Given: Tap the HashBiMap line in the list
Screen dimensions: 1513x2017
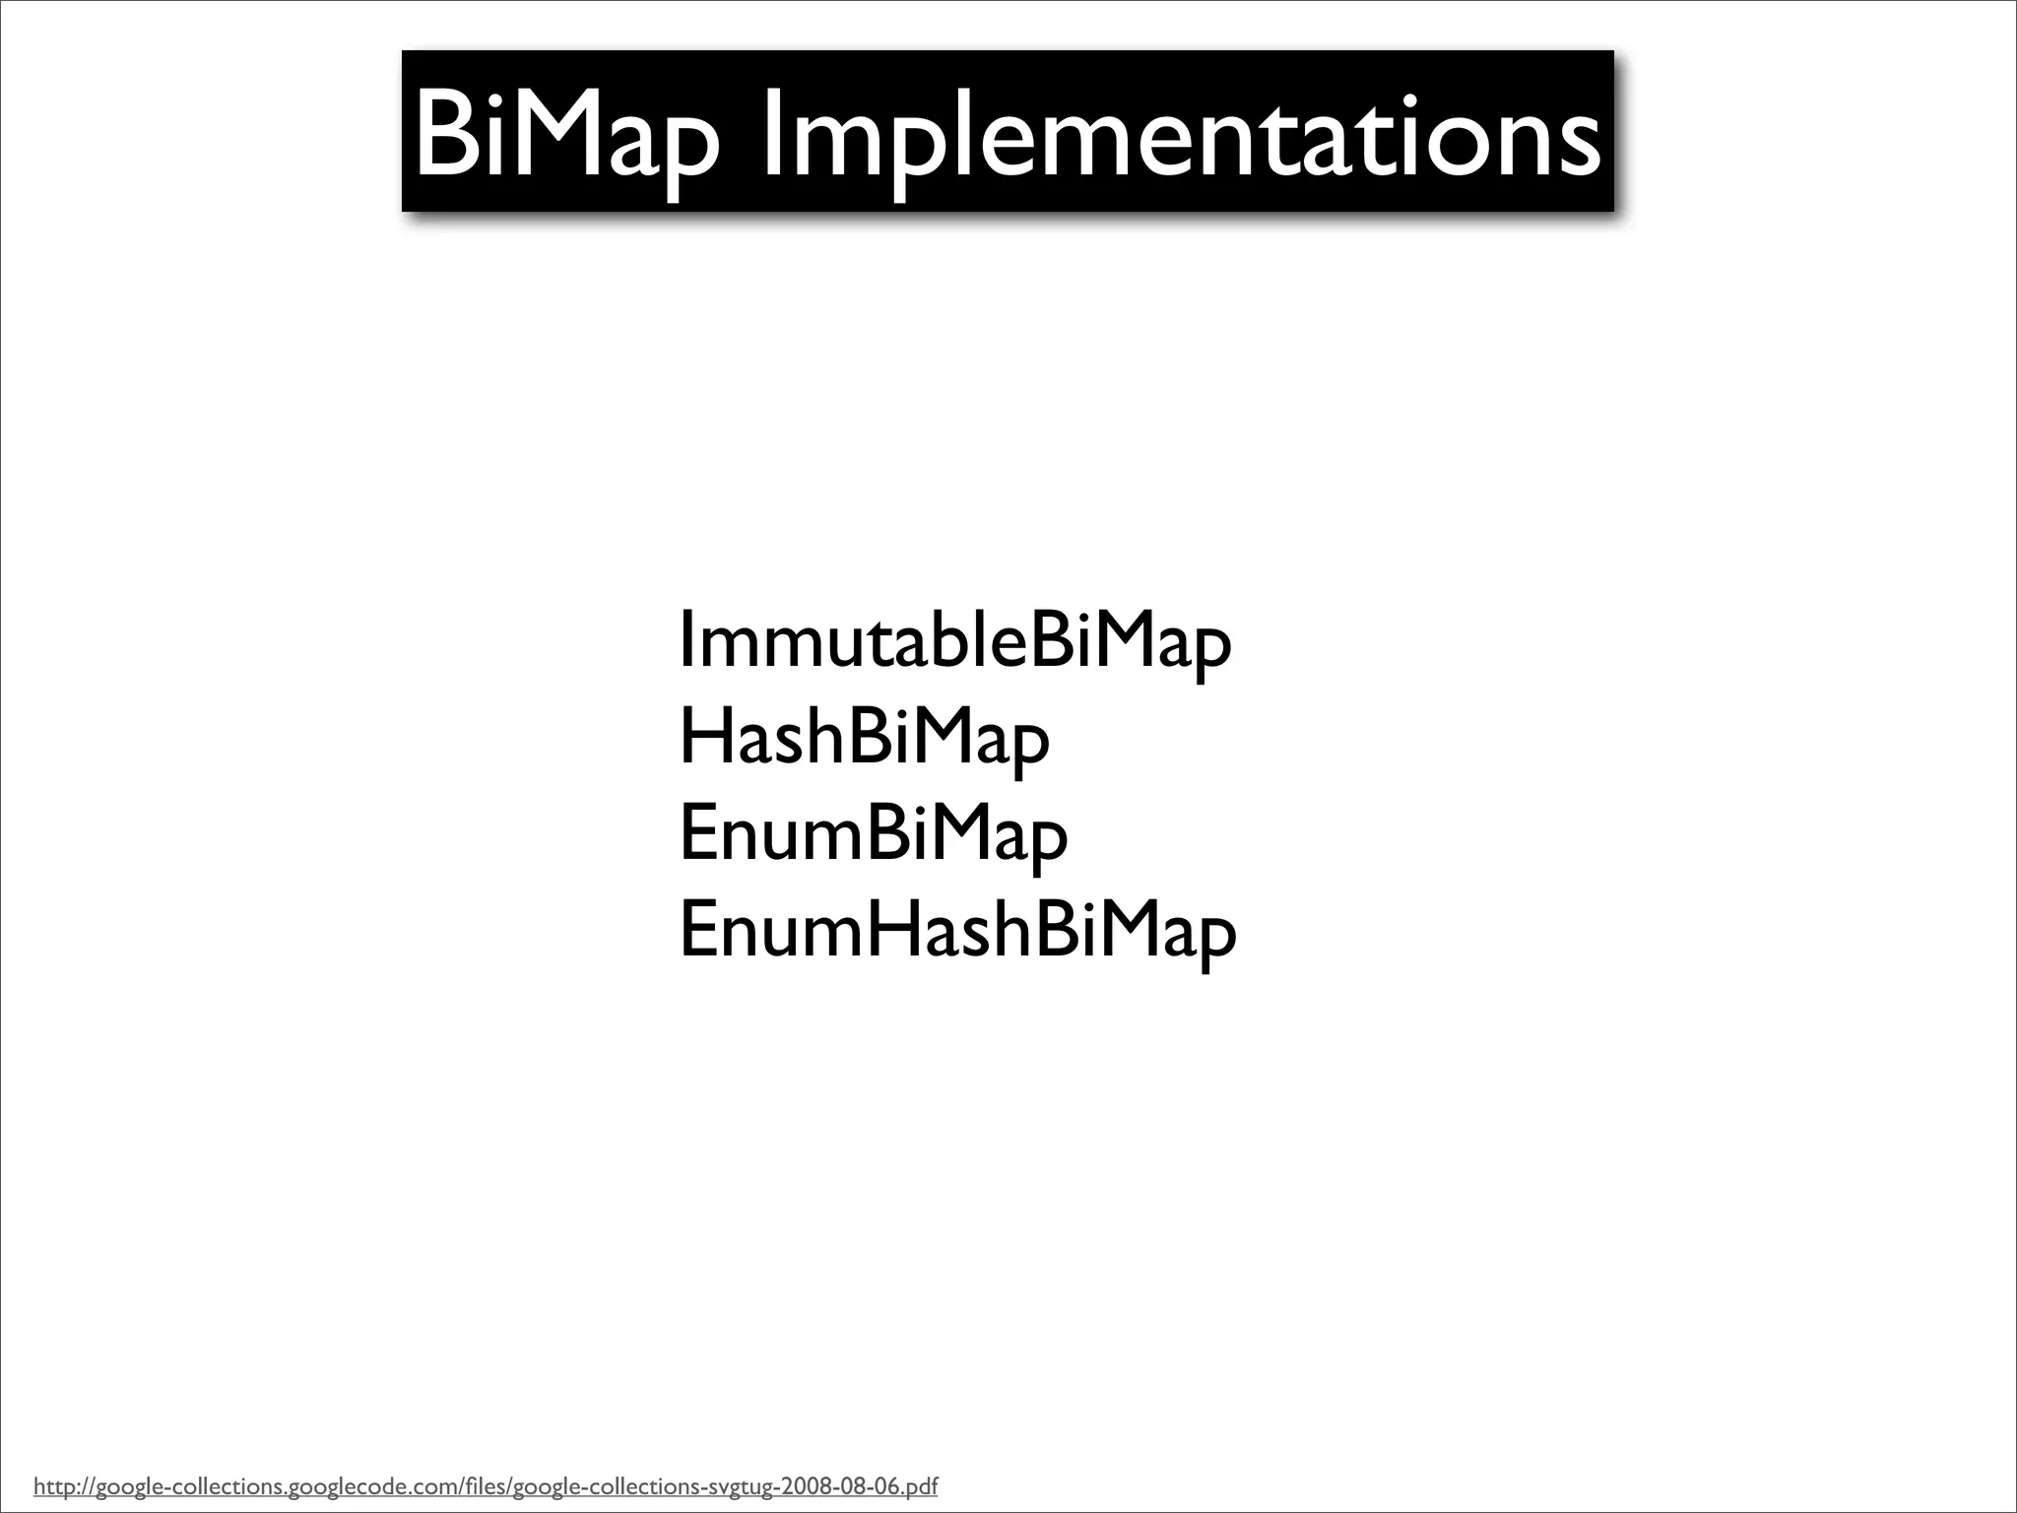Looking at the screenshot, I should [x=864, y=740].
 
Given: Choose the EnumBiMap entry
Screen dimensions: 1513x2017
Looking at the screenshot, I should [x=873, y=835].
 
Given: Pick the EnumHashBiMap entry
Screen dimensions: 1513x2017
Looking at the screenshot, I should [x=956, y=931].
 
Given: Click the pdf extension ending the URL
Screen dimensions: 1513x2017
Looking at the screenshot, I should [x=921, y=1485].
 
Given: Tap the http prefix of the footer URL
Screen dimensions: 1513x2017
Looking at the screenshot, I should [x=52, y=1485].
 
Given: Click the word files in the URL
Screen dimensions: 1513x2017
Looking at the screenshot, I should [x=484, y=1485].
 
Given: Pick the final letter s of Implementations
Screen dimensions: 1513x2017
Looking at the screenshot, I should [x=1580, y=146].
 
